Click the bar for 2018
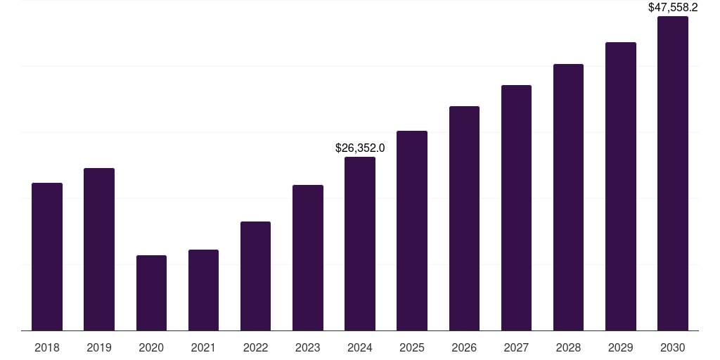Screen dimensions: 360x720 (47, 257)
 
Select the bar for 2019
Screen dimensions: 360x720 (99, 250)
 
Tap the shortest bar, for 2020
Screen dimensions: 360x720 (151, 293)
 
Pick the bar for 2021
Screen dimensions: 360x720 (203, 290)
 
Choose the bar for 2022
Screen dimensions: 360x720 (255, 276)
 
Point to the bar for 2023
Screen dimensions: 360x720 (308, 258)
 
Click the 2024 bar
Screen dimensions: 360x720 (360, 244)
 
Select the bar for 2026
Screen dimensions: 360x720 (464, 219)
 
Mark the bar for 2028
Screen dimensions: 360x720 (568, 198)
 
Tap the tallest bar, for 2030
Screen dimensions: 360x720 (673, 174)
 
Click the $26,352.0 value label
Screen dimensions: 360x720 (360, 148)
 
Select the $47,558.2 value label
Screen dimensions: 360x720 (673, 8)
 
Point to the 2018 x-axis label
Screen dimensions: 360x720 (47, 347)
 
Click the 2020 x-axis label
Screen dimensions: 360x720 (151, 347)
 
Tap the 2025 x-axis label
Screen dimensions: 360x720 (412, 347)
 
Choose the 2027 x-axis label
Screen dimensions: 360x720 (516, 347)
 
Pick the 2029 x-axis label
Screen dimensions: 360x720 (621, 347)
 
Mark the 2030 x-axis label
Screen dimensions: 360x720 (673, 347)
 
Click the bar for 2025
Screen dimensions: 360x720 (412, 231)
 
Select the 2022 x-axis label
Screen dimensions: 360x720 (255, 347)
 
